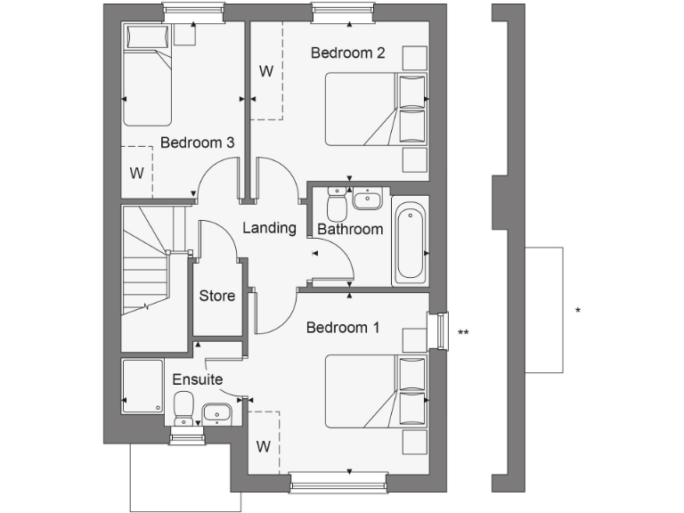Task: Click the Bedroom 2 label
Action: (347, 53)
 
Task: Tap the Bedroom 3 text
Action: (198, 142)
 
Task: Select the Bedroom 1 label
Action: (343, 328)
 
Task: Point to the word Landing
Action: (269, 228)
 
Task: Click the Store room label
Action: (216, 296)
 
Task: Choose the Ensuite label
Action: (197, 379)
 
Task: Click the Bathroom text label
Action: (350, 229)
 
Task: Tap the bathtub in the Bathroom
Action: (410, 240)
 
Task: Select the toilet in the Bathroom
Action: (337, 205)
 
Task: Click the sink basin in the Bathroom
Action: (367, 199)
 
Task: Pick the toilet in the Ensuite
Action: (184, 411)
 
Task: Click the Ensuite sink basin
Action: (216, 411)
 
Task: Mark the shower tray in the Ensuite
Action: (141, 386)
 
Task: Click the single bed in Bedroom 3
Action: (147, 80)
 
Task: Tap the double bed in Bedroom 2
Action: (374, 110)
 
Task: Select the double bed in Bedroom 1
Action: (374, 392)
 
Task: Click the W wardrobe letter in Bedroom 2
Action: (265, 70)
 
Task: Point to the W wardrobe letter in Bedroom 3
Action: (136, 173)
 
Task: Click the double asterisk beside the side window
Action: (463, 333)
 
